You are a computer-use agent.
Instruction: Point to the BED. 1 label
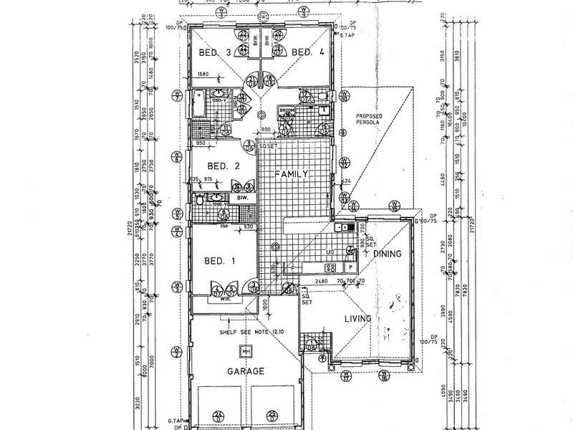click(220, 261)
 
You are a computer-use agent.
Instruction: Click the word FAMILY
click(292, 174)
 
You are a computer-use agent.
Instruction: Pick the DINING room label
click(387, 254)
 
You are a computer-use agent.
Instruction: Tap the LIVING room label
click(357, 318)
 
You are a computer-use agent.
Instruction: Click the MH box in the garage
click(245, 351)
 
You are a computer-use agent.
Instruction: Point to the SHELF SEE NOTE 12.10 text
click(246, 330)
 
